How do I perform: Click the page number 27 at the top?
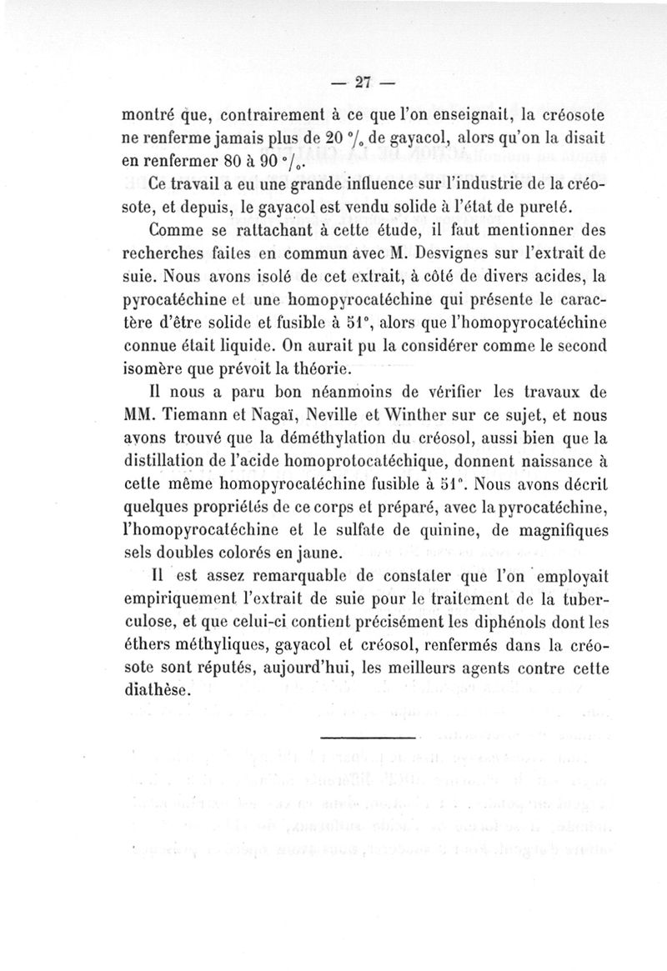pyautogui.click(x=362, y=82)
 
